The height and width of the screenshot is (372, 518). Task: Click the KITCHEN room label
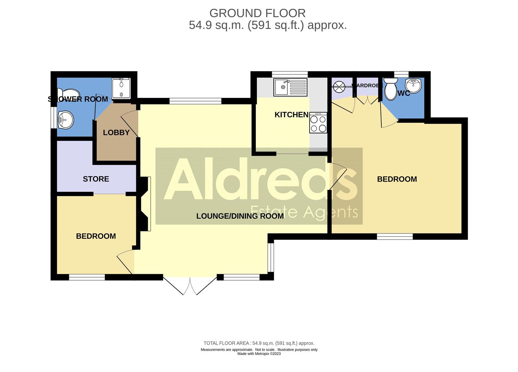coord(291,115)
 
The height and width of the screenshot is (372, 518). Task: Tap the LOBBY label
coord(116,133)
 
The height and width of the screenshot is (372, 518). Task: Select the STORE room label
coord(96,179)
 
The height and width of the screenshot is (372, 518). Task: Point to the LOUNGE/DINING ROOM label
coord(240,216)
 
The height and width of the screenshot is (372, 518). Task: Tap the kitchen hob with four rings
coord(318,123)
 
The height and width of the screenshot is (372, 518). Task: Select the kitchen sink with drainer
coord(290,87)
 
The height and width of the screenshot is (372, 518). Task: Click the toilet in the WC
coord(390,89)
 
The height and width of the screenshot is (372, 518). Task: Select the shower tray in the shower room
coord(121,88)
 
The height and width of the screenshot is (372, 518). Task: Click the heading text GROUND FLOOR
coord(257,13)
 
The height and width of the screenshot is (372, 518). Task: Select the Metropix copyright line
coord(259,354)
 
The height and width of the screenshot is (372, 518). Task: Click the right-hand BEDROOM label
coord(397,179)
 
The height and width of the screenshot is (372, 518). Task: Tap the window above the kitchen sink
coord(290,74)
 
